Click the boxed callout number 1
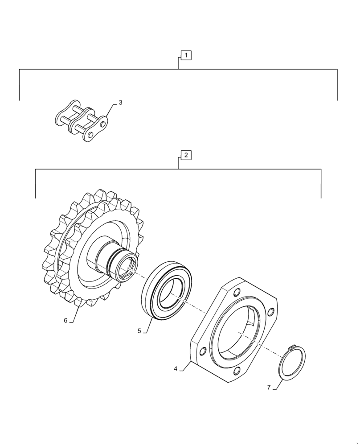186,55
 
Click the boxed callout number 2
186,155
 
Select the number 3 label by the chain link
120,103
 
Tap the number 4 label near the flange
176,369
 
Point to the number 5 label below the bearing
139,331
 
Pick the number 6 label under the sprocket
65,320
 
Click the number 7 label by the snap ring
269,388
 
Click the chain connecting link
82,121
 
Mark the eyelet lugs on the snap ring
292,347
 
